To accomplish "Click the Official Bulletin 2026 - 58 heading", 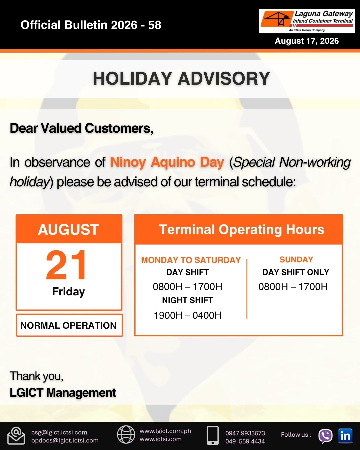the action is click(91, 25).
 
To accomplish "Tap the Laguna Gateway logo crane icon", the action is click(277, 19).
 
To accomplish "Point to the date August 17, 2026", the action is click(307, 41).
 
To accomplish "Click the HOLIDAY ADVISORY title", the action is click(181, 78).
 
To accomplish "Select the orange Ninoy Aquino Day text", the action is click(167, 162).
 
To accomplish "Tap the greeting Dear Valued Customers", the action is click(81, 128).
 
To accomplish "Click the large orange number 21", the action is click(66, 265).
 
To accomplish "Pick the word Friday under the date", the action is click(69, 292).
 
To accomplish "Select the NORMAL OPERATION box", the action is click(69, 325).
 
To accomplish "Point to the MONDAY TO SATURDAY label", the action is click(191, 260).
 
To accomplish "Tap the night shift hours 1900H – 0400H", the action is click(187, 315).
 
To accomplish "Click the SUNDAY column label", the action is click(296, 260).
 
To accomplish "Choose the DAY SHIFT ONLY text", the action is click(296, 272).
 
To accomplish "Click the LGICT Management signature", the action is click(63, 392).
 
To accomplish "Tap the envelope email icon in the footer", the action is click(16, 436).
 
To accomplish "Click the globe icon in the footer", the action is click(126, 435).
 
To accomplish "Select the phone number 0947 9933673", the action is click(245, 433).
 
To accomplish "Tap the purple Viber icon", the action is click(325, 436).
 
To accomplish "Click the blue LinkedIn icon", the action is click(345, 436).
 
